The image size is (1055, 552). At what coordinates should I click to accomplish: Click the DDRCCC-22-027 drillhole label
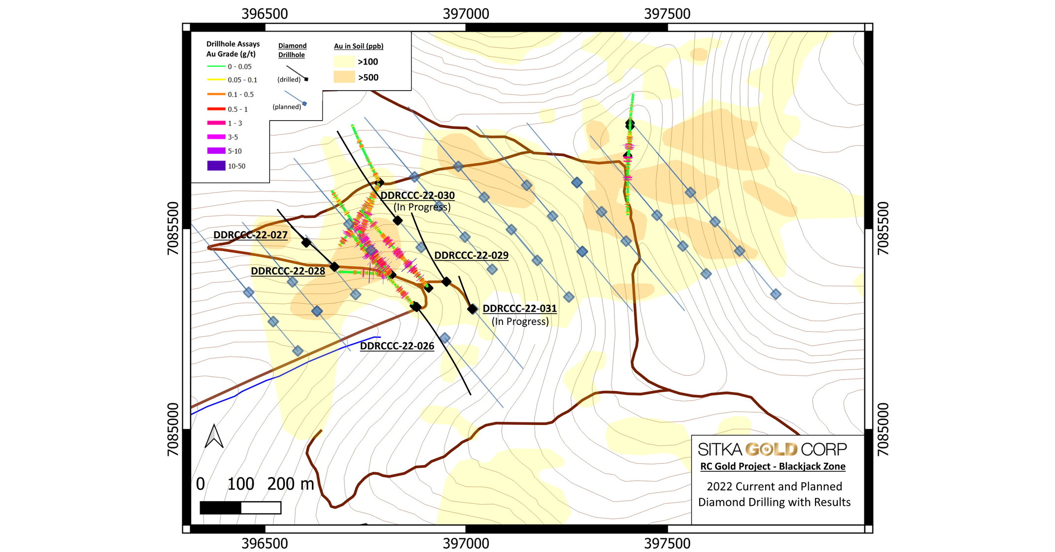pos(250,235)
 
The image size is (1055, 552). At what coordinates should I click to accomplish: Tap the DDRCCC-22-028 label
pos(288,271)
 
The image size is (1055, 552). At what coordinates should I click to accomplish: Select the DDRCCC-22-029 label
pos(471,255)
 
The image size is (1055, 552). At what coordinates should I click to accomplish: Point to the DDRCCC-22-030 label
pos(417,195)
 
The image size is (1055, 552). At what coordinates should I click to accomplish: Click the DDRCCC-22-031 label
pos(519,308)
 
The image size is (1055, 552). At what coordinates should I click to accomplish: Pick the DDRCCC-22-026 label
pos(397,346)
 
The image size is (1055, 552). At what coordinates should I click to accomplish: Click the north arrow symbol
pos(214,436)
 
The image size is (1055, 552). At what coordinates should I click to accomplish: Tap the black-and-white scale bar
pos(240,508)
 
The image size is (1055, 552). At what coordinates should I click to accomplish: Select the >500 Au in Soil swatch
pos(344,77)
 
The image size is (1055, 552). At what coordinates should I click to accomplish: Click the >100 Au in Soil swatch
pos(344,62)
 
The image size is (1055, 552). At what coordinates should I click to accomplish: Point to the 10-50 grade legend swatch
pos(216,166)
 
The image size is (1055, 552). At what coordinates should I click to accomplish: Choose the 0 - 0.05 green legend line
pos(216,66)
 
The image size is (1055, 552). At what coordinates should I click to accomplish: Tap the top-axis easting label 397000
pos(466,14)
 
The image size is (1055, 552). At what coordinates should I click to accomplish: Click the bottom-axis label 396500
pos(265,543)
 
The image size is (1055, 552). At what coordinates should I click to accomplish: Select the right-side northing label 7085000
pos(883,429)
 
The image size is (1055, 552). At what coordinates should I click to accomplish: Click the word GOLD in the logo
pos(771,449)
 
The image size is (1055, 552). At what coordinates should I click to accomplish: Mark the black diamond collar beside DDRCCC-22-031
pos(473,309)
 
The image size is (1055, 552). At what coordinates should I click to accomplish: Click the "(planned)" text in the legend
pos(287,107)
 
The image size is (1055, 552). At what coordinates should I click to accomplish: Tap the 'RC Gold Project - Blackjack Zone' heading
pos(773,466)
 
